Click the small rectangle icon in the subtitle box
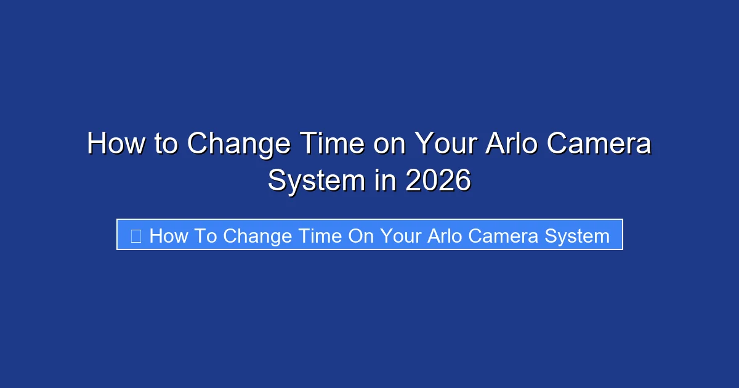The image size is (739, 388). pyautogui.click(x=136, y=235)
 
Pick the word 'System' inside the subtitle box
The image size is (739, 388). pyautogui.click(x=579, y=236)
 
